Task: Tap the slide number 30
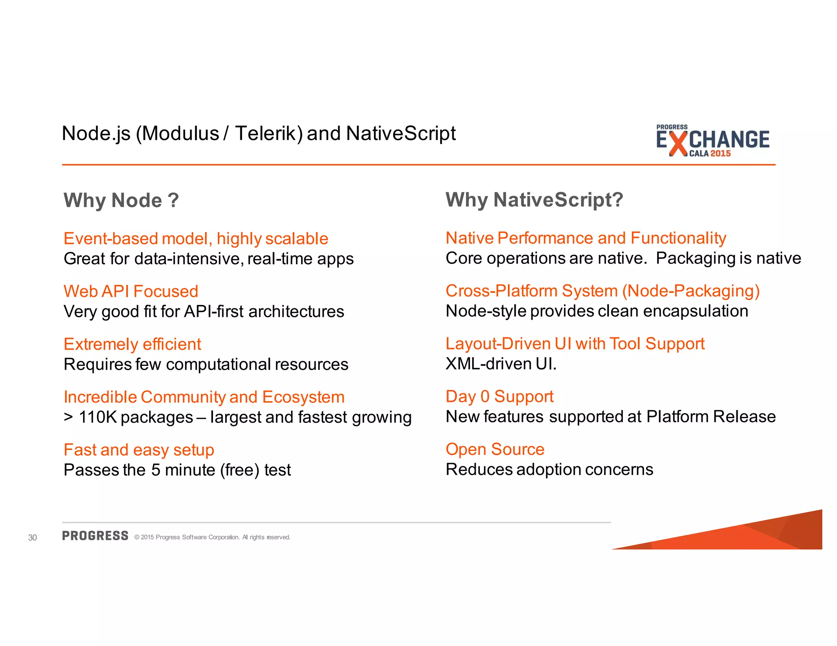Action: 32,537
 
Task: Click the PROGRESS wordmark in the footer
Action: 95,536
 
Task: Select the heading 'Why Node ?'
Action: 121,200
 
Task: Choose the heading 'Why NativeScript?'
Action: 534,200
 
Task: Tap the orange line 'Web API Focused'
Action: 131,292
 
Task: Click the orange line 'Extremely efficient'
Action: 132,344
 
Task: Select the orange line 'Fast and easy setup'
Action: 139,450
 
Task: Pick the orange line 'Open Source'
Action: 495,449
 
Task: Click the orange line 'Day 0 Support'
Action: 499,397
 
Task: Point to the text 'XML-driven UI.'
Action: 501,364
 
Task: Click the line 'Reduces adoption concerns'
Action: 549,470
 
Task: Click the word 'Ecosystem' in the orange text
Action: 303,397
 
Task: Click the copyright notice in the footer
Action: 212,537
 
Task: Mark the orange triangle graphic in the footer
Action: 756,535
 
